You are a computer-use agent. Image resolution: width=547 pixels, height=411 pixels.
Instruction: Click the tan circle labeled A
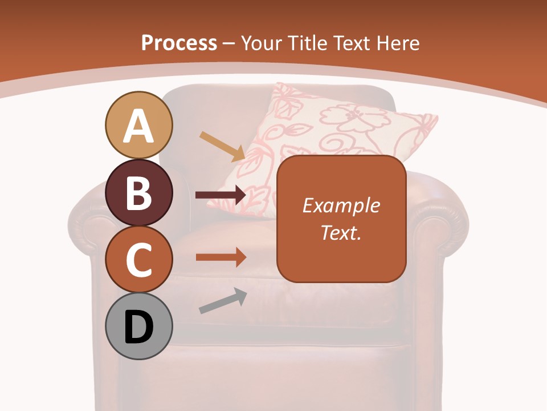click(138, 125)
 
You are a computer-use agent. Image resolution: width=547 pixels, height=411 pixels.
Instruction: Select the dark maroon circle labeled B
click(138, 192)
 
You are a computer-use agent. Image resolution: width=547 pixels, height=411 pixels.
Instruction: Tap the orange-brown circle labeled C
click(138, 260)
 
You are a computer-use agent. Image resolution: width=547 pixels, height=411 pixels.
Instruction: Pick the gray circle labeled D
click(138, 327)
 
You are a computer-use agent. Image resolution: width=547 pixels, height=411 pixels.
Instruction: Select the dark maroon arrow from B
click(221, 195)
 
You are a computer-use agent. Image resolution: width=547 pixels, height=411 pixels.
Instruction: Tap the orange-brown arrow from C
click(221, 257)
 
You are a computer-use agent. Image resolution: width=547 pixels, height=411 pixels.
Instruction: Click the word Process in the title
click(179, 43)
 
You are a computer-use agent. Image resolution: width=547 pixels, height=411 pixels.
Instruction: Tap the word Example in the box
click(341, 205)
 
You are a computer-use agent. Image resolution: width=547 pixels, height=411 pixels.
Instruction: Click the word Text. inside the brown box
click(341, 232)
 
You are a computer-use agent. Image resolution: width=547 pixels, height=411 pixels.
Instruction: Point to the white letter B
click(138, 193)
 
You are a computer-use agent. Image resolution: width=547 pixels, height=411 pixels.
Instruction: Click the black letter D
click(138, 328)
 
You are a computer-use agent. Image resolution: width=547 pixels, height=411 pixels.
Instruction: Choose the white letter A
click(138, 126)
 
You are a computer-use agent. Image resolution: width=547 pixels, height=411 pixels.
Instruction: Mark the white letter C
click(138, 260)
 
